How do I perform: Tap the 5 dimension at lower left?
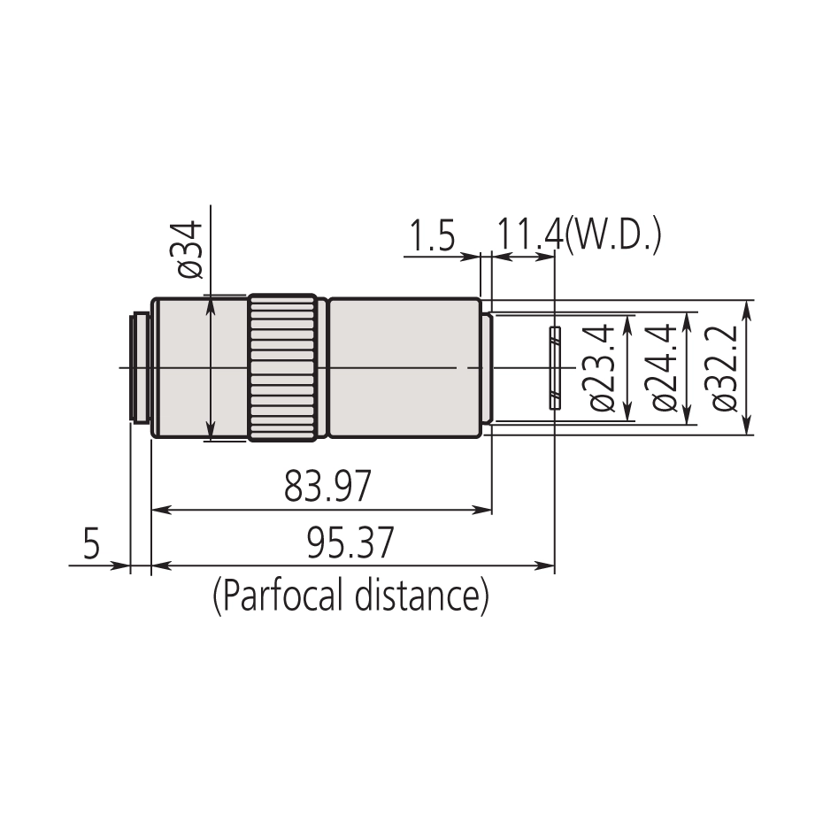pyautogui.click(x=91, y=543)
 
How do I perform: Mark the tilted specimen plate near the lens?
pyautogui.click(x=555, y=367)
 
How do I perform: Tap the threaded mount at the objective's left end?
pyautogui.click(x=140, y=367)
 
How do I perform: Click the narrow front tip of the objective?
pyautogui.click(x=486, y=367)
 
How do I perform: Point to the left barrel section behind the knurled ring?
pyautogui.click(x=199, y=367)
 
